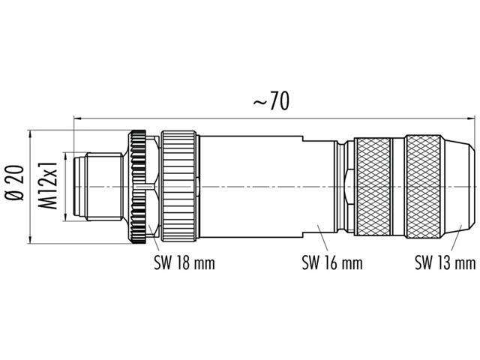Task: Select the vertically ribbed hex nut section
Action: tap(180, 187)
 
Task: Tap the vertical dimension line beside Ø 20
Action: tap(31, 187)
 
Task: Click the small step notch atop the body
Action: tap(301, 138)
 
